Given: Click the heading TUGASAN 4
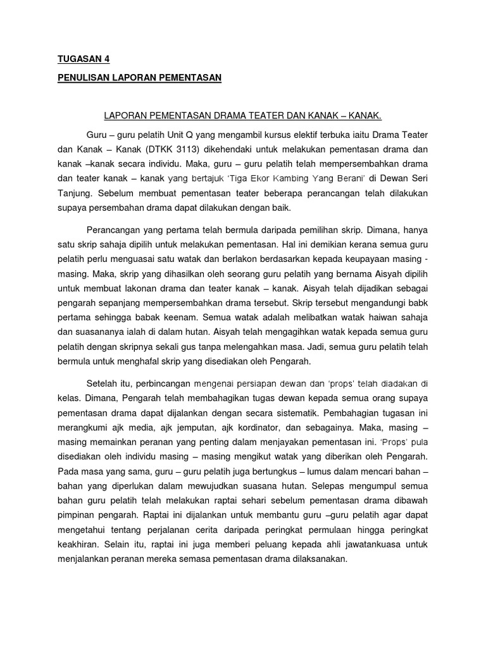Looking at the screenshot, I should point(84,59).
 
